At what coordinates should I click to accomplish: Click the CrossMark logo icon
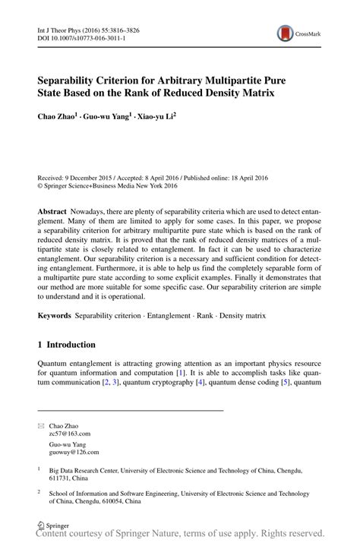pyautogui.click(x=286, y=33)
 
